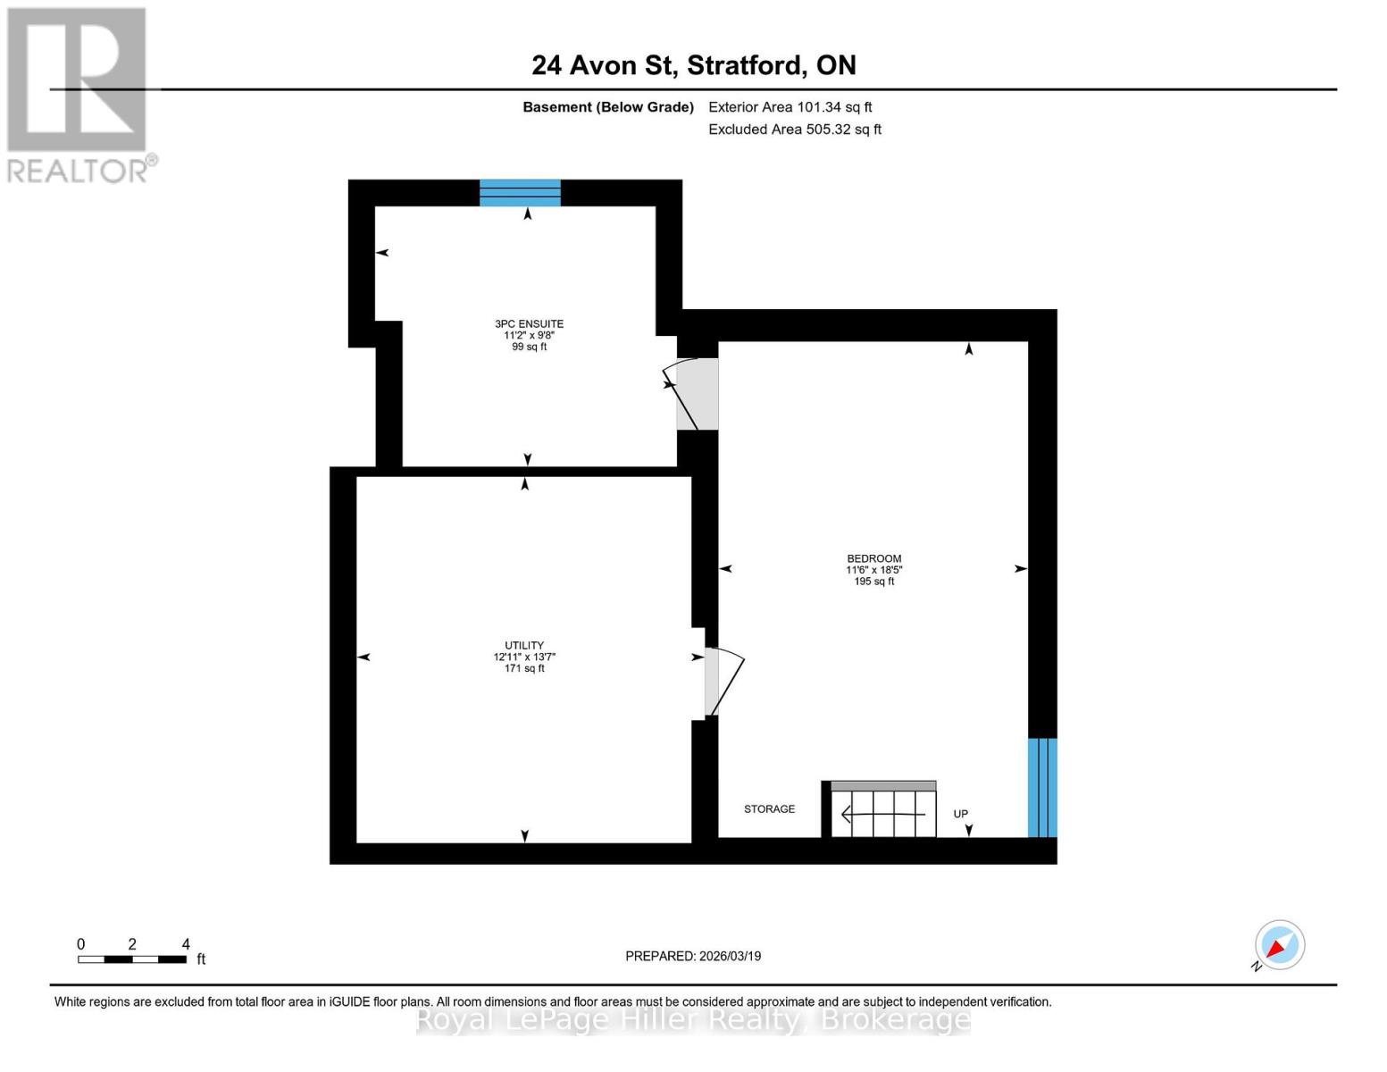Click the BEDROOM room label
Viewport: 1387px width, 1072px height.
(x=873, y=558)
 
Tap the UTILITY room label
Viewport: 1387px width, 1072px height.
(x=524, y=645)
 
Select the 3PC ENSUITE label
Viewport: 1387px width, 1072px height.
(x=529, y=324)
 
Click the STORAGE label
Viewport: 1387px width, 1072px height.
(x=769, y=809)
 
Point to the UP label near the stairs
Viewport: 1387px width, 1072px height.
(x=960, y=814)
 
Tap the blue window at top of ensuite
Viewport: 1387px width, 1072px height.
(x=520, y=193)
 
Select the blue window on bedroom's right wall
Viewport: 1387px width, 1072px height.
(x=1042, y=787)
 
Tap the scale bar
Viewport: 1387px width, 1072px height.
(x=132, y=959)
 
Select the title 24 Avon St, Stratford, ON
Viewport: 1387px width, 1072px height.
(x=693, y=65)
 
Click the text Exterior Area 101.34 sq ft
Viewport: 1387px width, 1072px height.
(x=790, y=107)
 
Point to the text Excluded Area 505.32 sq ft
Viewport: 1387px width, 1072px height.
(x=794, y=130)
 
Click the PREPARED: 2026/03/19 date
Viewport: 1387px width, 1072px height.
(x=693, y=956)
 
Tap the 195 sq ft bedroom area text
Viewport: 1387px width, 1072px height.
(x=873, y=582)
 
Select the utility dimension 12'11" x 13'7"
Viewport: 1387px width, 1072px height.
(x=524, y=657)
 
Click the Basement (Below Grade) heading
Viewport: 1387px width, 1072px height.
(x=607, y=107)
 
